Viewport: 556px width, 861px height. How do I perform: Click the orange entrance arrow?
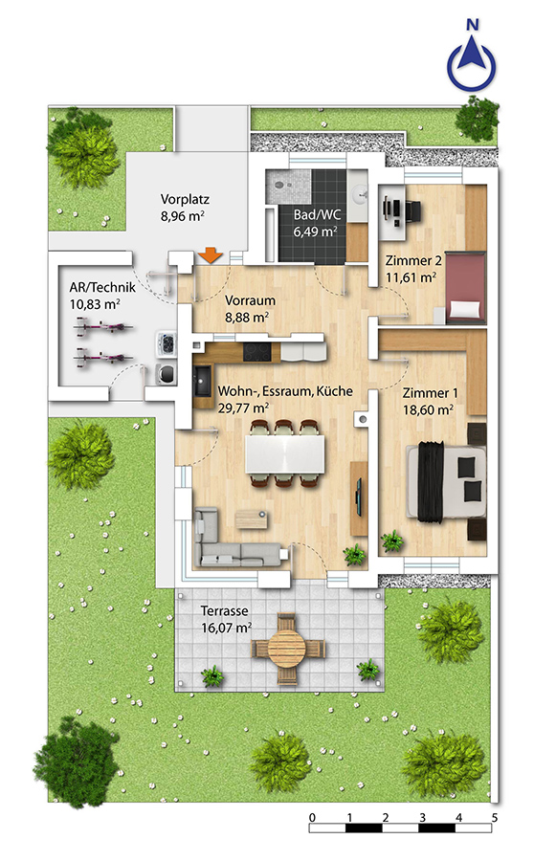210,255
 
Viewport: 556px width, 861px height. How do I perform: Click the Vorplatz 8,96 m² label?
185,208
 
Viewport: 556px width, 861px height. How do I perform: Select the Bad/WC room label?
317,214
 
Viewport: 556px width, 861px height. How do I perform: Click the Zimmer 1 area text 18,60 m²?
428,409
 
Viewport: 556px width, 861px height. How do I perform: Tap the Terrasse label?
224,610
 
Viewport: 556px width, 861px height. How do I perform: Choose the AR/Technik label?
102,287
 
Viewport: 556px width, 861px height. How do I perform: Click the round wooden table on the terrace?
288,648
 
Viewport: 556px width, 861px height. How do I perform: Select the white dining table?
285,453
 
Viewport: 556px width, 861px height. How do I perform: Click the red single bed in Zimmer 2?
466,287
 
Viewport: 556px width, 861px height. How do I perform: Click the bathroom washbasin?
360,192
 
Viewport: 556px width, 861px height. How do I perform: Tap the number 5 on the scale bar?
495,818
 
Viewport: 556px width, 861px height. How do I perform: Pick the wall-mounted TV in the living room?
359,497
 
